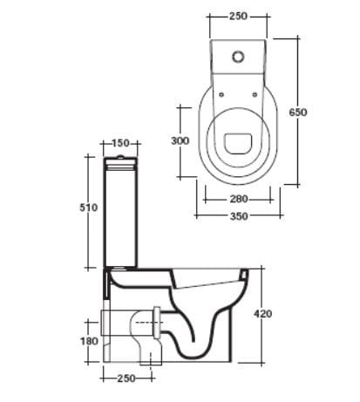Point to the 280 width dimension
pos(239,199)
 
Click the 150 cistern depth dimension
pos(120,143)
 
